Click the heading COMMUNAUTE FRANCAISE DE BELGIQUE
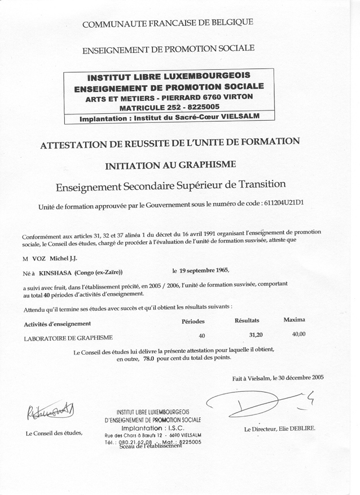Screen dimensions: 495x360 tap(168, 23)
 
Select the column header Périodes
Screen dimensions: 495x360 tap(193, 321)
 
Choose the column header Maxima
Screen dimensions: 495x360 tap(294, 320)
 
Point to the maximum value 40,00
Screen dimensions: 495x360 tap(298, 334)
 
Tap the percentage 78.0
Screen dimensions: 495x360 tap(148, 357)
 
